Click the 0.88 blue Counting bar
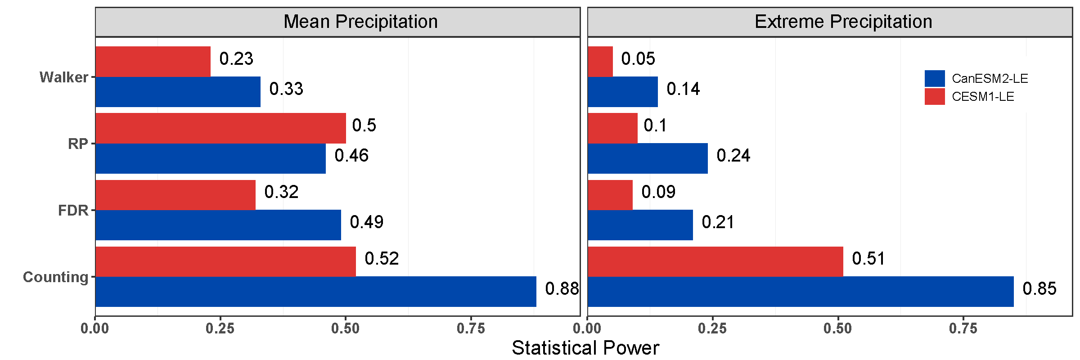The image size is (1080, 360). [x=316, y=292]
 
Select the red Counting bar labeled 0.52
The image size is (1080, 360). [x=225, y=261]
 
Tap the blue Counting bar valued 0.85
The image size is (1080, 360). [x=801, y=292]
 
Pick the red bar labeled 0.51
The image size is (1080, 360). [x=715, y=261]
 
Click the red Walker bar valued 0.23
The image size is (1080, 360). [x=153, y=62]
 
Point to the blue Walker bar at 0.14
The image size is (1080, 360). [x=623, y=92]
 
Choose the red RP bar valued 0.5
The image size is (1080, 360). [x=220, y=128]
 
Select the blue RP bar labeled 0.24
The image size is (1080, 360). [x=648, y=158]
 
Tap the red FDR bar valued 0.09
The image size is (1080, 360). [x=610, y=195]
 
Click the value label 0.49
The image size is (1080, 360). [x=367, y=222]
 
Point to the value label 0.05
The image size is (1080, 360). [x=638, y=58]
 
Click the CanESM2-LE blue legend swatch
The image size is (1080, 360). [x=935, y=78]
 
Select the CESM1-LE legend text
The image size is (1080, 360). [x=983, y=97]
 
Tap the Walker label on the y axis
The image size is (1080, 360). [x=64, y=77]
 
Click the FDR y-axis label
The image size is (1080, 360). [x=73, y=211]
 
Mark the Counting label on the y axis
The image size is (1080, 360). [x=56, y=277]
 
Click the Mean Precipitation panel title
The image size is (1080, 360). [x=360, y=22]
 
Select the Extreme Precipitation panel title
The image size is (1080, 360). [x=843, y=22]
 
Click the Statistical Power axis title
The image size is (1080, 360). [x=585, y=348]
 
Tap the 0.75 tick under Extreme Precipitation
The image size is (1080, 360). [x=963, y=328]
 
